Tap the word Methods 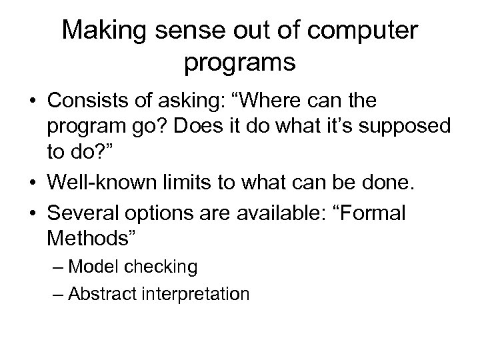click(x=83, y=238)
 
